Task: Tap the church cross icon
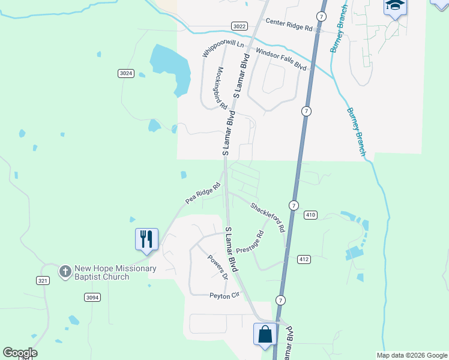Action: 65,271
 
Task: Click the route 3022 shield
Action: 239,26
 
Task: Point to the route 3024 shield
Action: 125,73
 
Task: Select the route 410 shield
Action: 310,215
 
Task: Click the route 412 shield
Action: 303,259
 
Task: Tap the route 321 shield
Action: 42,280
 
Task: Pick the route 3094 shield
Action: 92,297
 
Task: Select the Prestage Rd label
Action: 250,242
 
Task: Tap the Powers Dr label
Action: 218,268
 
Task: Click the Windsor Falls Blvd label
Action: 281,59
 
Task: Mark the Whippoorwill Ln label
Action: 223,49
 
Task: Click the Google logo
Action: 20,353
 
